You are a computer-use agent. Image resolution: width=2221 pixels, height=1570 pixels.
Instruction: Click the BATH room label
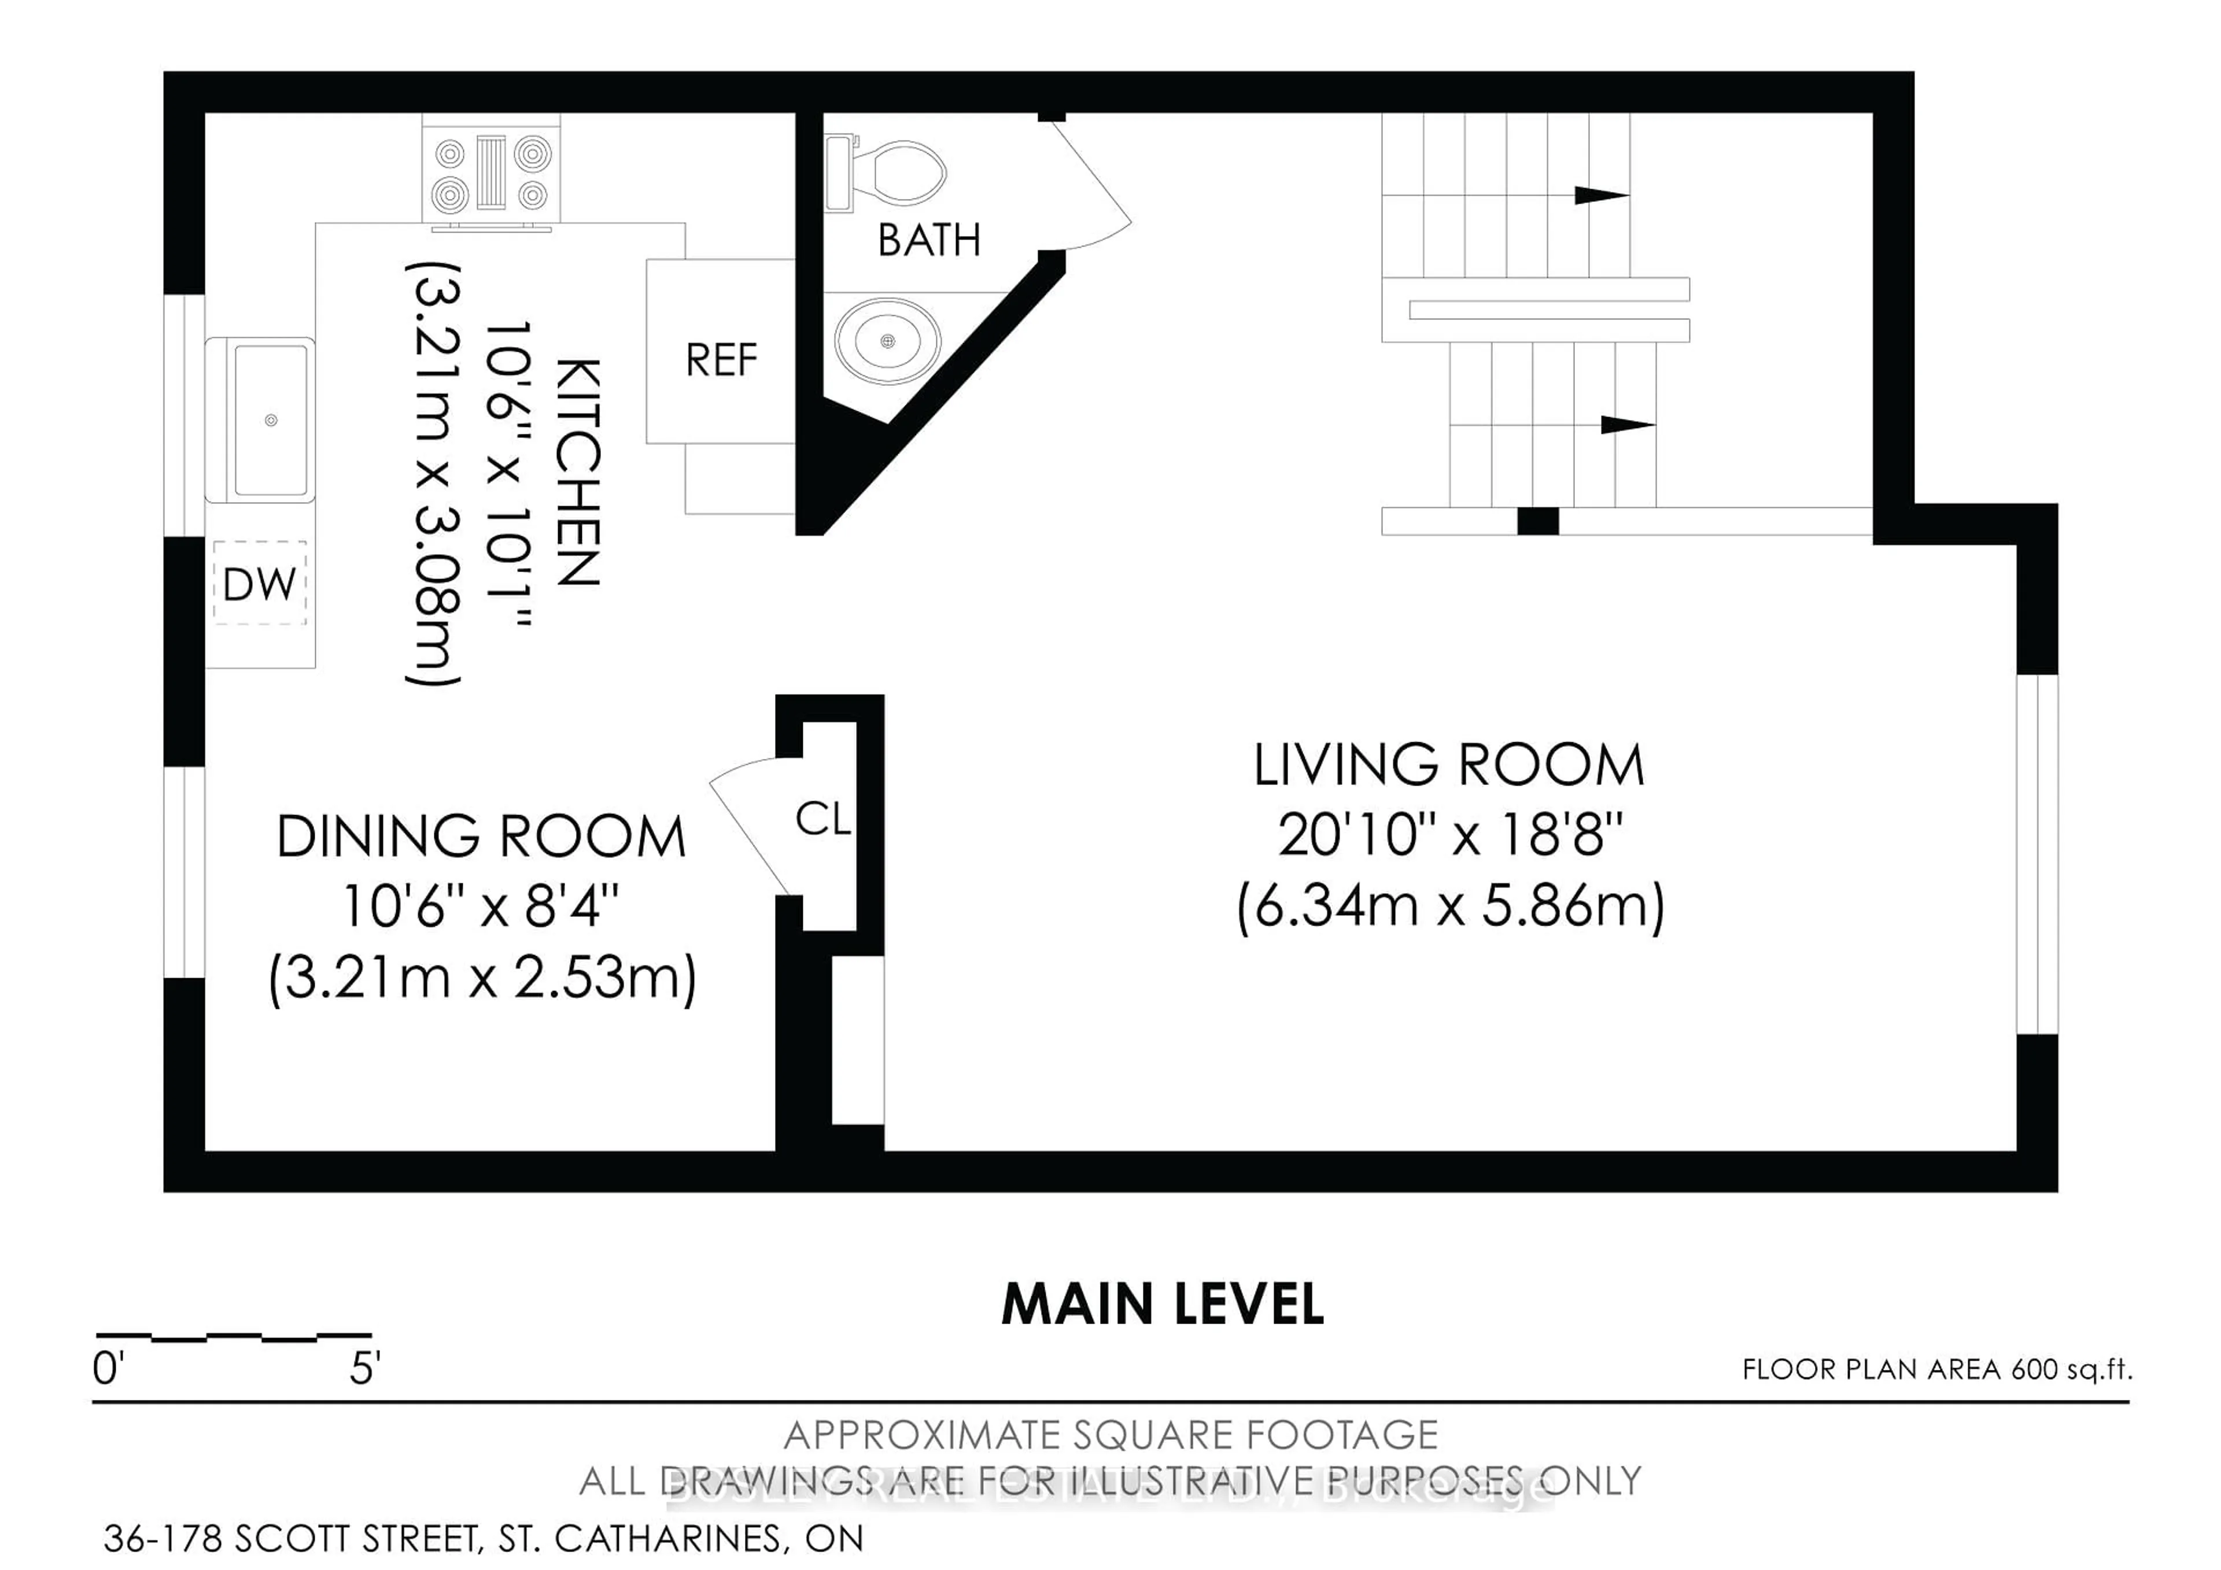pyautogui.click(x=929, y=240)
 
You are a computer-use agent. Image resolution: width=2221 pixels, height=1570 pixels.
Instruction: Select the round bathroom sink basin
pyautogui.click(x=887, y=341)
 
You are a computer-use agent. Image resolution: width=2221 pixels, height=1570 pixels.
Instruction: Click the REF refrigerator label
pyautogui.click(x=721, y=361)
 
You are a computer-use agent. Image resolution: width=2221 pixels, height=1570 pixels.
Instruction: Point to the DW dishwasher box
pyautogui.click(x=259, y=583)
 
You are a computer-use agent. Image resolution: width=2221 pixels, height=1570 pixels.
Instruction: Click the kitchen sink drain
pyautogui.click(x=271, y=420)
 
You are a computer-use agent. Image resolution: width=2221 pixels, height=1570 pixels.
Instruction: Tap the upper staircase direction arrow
pyautogui.click(x=1601, y=196)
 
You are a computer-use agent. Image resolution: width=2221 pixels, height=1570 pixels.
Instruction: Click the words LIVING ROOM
pyautogui.click(x=1449, y=765)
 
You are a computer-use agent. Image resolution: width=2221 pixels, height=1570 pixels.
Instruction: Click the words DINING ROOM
pyautogui.click(x=481, y=836)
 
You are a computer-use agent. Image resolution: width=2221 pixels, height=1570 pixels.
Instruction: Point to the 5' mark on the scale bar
pyautogui.click(x=366, y=1369)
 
